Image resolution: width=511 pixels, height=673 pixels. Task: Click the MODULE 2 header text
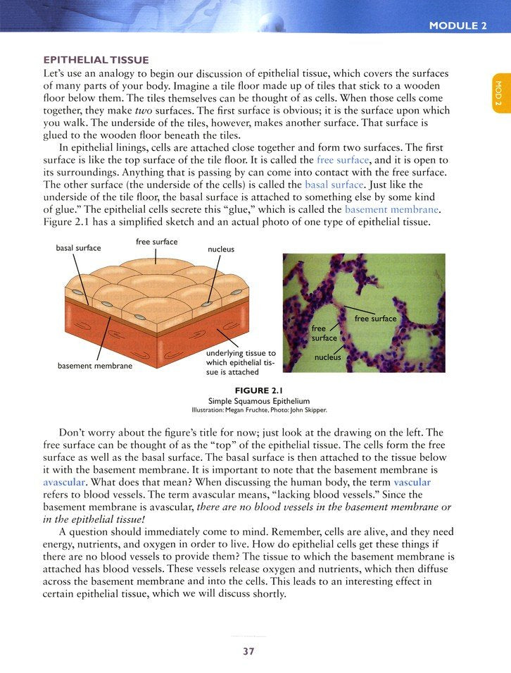(458, 26)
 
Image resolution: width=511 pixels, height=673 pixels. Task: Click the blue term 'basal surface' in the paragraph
(334, 185)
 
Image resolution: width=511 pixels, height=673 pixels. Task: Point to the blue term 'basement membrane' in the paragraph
(392, 210)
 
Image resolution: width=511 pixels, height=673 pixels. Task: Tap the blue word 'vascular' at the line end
(412, 482)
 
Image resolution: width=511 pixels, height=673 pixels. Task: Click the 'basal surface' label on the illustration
(78, 248)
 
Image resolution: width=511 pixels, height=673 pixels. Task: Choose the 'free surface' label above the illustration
(156, 242)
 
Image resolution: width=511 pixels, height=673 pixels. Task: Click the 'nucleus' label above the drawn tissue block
(221, 249)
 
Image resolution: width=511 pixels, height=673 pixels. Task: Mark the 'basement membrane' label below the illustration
(95, 366)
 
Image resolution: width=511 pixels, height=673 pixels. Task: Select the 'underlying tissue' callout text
(240, 362)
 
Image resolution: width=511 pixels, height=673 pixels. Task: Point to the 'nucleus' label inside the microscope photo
(327, 357)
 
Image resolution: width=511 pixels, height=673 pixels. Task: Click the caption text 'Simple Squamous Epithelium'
(255, 400)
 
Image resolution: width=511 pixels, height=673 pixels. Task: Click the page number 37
(248, 651)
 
